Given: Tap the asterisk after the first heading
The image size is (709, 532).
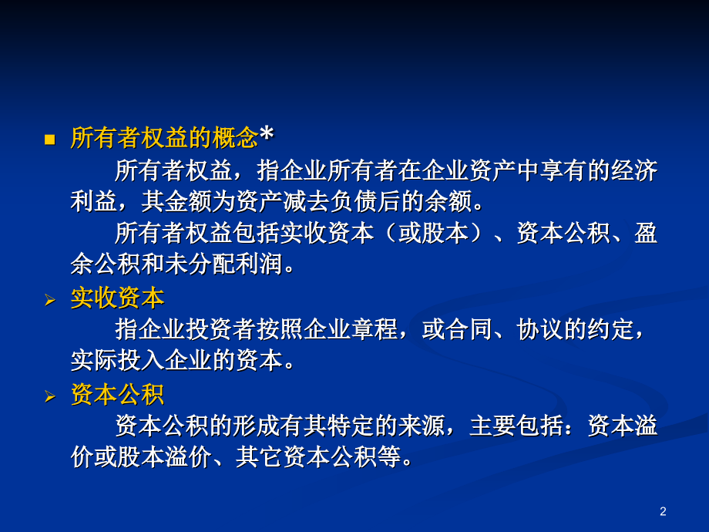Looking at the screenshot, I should [x=267, y=136].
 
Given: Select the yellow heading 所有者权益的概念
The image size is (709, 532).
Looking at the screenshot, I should [x=164, y=139].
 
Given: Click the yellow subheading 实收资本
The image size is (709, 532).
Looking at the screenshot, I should [x=117, y=298].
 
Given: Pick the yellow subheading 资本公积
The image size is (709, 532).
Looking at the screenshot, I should [x=117, y=395].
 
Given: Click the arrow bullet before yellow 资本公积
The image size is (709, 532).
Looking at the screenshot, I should [x=50, y=397].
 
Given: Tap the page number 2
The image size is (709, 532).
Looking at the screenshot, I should [x=663, y=511].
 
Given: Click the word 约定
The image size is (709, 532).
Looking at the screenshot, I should [x=610, y=330].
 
